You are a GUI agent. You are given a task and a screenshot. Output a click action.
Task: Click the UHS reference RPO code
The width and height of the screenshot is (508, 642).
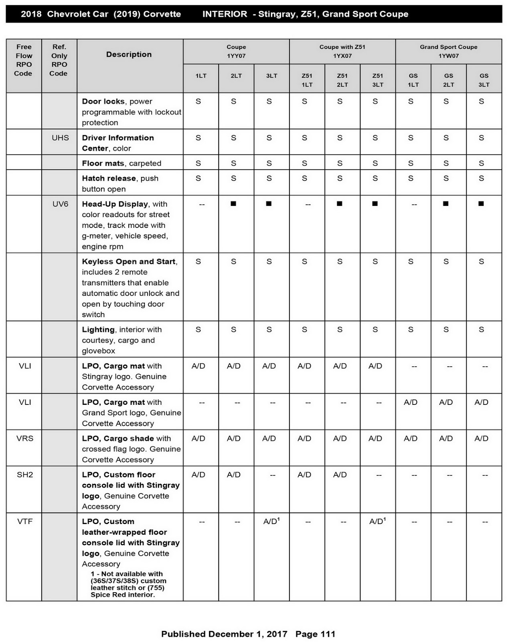[60, 138]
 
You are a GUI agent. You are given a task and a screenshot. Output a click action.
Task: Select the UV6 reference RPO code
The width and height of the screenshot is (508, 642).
[60, 204]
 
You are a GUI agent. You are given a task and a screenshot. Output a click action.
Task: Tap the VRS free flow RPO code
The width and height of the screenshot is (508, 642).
[25, 438]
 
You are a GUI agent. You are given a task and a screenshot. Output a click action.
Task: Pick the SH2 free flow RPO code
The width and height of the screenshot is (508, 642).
[25, 475]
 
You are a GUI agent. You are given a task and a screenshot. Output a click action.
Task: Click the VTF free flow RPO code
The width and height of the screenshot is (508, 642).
[25, 522]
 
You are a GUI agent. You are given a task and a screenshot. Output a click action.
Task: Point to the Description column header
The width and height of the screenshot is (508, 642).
[129, 54]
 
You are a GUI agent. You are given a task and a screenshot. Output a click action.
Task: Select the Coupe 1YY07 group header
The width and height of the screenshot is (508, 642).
[236, 51]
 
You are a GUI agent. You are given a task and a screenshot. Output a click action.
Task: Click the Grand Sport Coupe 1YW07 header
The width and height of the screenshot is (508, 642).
[448, 51]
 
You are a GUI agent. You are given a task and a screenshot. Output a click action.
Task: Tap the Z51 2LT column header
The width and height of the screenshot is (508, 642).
[342, 80]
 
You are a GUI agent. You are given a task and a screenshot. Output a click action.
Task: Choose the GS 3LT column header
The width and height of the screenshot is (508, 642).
[484, 80]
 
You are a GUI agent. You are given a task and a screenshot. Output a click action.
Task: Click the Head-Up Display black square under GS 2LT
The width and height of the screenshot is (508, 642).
[445, 204]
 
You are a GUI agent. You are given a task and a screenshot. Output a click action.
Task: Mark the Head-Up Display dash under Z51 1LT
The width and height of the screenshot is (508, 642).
[308, 205]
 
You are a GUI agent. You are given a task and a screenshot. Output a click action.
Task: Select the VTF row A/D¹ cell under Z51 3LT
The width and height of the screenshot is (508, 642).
[377, 521]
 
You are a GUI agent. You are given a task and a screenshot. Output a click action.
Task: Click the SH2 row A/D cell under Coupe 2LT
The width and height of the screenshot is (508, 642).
[233, 475]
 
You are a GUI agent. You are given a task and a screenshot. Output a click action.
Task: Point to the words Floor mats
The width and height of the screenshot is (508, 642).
[103, 163]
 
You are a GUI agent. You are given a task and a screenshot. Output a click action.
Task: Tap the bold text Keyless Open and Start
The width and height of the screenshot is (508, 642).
[128, 262]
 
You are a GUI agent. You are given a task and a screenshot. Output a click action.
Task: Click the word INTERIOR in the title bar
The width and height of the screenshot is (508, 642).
[225, 14]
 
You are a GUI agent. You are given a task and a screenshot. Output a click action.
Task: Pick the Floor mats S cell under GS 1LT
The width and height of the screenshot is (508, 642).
[411, 163]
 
